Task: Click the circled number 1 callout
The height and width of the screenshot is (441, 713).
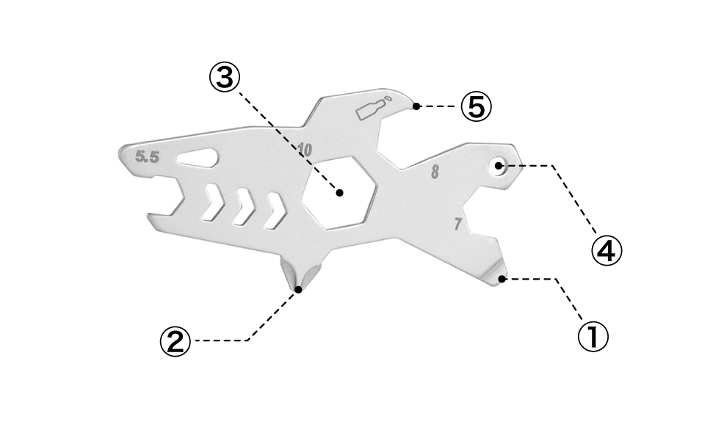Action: coord(593,337)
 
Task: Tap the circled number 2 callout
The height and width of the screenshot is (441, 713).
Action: coord(175,341)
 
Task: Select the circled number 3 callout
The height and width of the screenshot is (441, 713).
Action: coord(225,78)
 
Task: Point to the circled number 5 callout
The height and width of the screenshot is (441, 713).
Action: coord(476,106)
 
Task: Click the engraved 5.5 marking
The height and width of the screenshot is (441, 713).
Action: coord(147,157)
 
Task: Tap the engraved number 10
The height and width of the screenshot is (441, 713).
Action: coord(305,150)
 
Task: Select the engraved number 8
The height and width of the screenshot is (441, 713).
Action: coord(435,172)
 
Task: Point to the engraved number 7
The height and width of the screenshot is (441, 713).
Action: coord(458,224)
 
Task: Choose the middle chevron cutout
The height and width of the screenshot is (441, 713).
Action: coord(245,207)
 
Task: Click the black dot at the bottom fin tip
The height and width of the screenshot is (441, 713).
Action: coord(298,289)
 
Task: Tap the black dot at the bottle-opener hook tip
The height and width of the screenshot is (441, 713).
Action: coord(416,106)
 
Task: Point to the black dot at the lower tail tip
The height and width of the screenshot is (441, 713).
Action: coord(502,279)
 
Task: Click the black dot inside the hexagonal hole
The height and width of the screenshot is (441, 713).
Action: coord(340,192)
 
